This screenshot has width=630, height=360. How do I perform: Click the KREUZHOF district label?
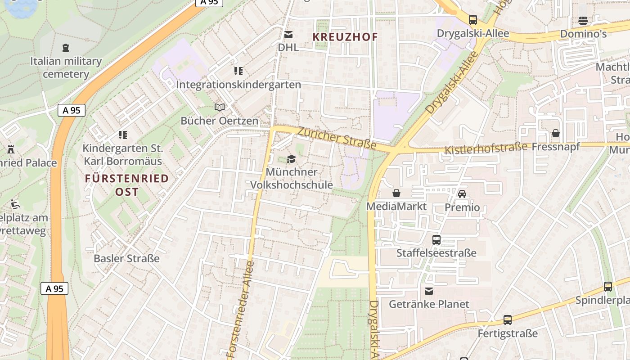tap(346, 37)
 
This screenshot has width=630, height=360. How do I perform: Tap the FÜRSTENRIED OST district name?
tap(126, 185)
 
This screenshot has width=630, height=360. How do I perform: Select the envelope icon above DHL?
tap(288, 35)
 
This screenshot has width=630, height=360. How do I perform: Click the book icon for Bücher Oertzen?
tap(219, 108)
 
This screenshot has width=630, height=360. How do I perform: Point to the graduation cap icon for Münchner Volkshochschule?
tap(291, 159)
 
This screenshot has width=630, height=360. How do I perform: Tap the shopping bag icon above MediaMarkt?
tap(396, 193)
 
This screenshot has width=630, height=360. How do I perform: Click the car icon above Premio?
tap(462, 194)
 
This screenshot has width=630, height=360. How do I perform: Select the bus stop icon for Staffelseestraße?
tap(436, 240)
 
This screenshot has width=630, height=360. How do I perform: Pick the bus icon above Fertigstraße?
tap(508, 320)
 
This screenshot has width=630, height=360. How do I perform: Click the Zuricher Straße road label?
tap(337, 137)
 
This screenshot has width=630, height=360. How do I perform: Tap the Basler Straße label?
tap(126, 258)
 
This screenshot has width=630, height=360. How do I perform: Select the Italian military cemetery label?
tap(66, 67)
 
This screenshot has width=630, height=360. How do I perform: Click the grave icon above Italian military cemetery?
tap(66, 47)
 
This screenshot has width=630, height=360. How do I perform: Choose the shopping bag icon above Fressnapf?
tap(556, 134)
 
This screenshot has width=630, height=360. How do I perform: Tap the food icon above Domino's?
tap(583, 20)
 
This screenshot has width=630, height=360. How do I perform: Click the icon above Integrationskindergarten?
tap(238, 71)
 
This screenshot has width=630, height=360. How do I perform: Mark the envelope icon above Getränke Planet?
tap(429, 291)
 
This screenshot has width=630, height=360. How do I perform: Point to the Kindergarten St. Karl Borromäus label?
tap(123, 154)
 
